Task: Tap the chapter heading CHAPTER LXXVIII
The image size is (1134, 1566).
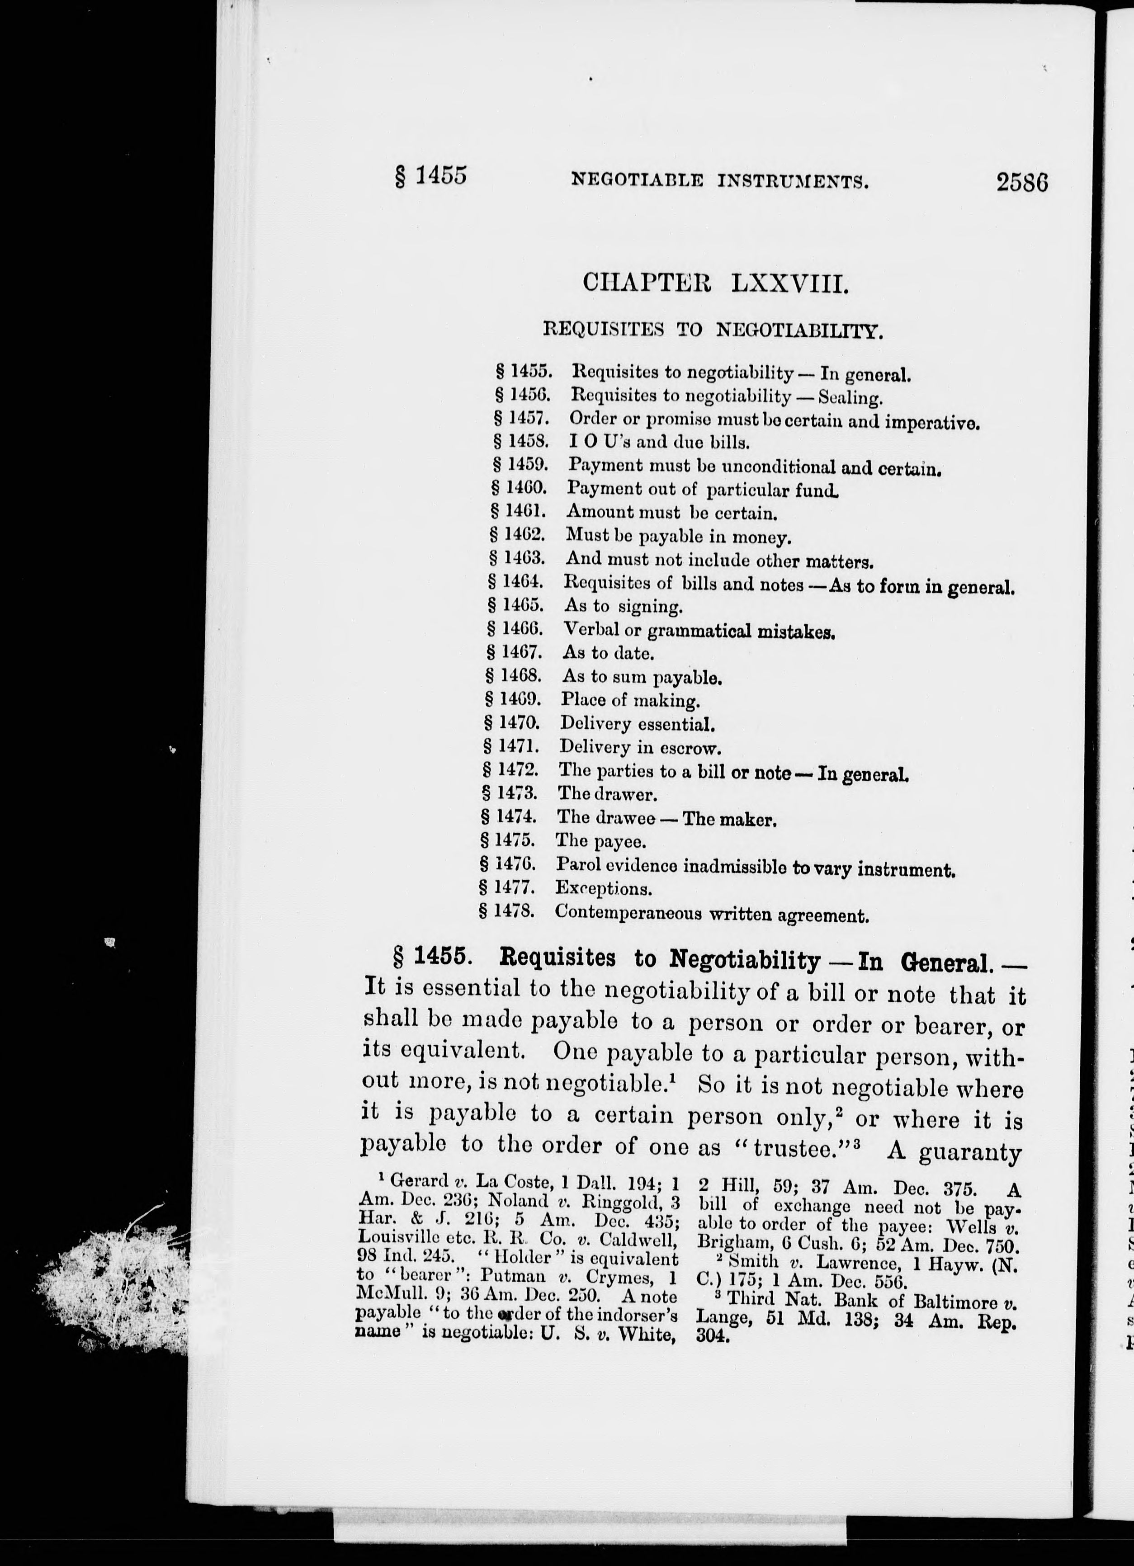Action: tap(715, 283)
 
